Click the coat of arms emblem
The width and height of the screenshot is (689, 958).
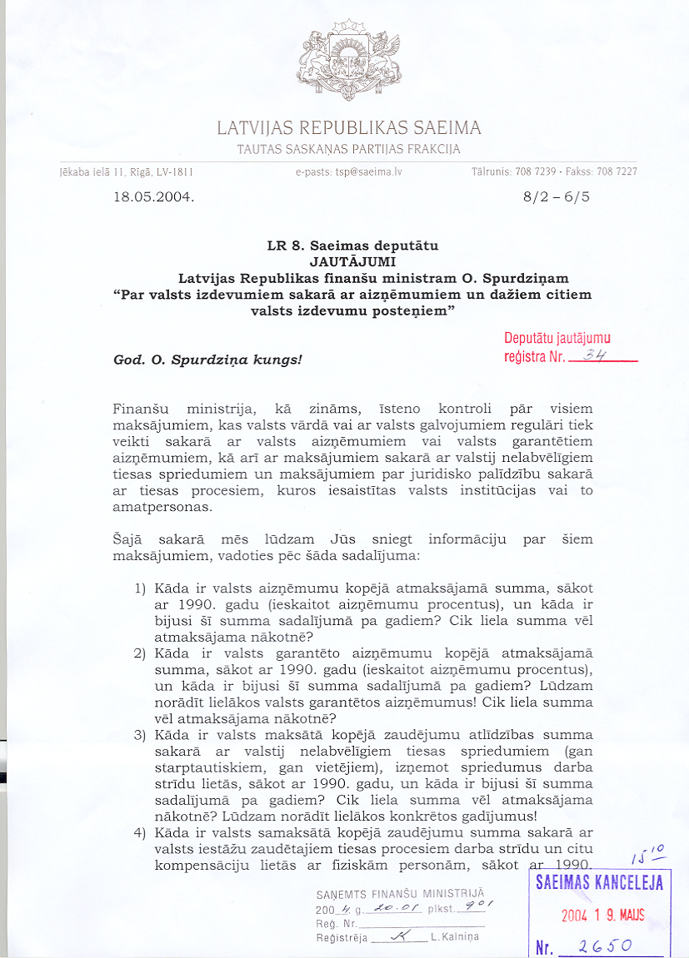(348, 63)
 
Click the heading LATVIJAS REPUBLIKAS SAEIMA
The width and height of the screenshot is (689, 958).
(349, 129)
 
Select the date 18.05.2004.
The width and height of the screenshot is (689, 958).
(153, 198)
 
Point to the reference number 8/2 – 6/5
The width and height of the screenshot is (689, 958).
(555, 198)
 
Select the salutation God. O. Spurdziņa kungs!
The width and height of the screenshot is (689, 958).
(207, 360)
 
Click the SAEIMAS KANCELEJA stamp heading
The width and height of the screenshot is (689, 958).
(600, 883)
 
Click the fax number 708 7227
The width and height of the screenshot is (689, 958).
(617, 172)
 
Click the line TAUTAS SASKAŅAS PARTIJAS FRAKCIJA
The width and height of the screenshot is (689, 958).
(349, 150)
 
